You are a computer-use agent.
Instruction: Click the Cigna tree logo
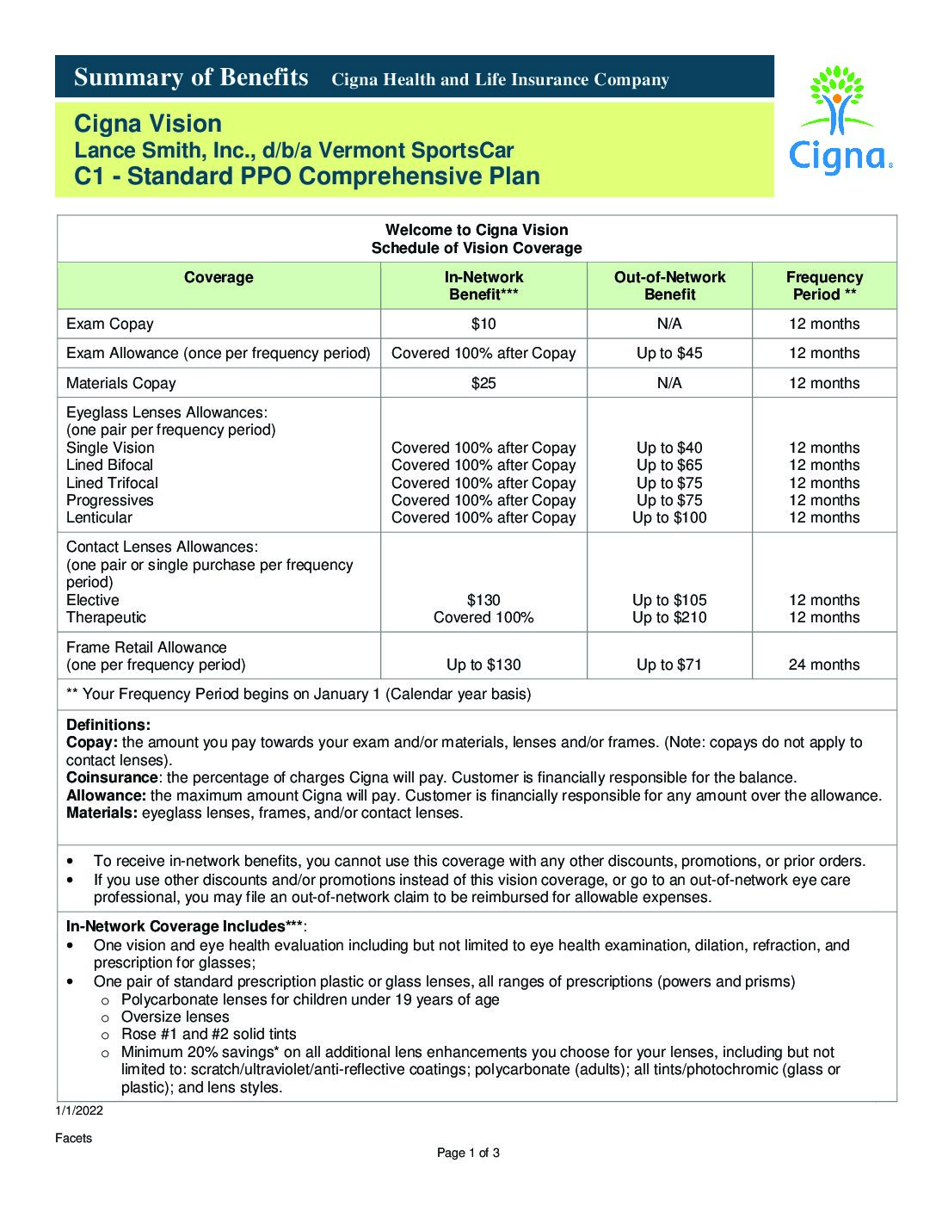839,121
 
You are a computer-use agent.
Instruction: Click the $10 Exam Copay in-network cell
483,324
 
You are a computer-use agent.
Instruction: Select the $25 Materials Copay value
483,383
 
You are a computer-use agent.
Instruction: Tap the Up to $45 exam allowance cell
669,353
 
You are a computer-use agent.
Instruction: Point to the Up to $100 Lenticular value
669,517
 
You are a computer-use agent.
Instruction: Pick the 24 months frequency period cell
824,665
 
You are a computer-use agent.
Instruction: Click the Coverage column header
219,277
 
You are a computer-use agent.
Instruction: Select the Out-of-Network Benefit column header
669,286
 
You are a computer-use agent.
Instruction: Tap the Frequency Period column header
824,286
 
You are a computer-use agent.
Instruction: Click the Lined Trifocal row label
113,483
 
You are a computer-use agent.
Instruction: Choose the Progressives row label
110,500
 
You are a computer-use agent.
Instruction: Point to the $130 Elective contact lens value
483,600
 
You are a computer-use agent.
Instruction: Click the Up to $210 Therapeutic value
669,617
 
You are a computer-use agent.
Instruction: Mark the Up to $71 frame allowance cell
669,665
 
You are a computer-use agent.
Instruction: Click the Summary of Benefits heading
191,77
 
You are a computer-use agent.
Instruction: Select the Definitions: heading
108,725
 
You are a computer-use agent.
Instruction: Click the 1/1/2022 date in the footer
79,1110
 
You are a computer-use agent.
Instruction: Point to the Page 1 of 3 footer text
468,1153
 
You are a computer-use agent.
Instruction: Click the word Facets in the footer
73,1138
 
